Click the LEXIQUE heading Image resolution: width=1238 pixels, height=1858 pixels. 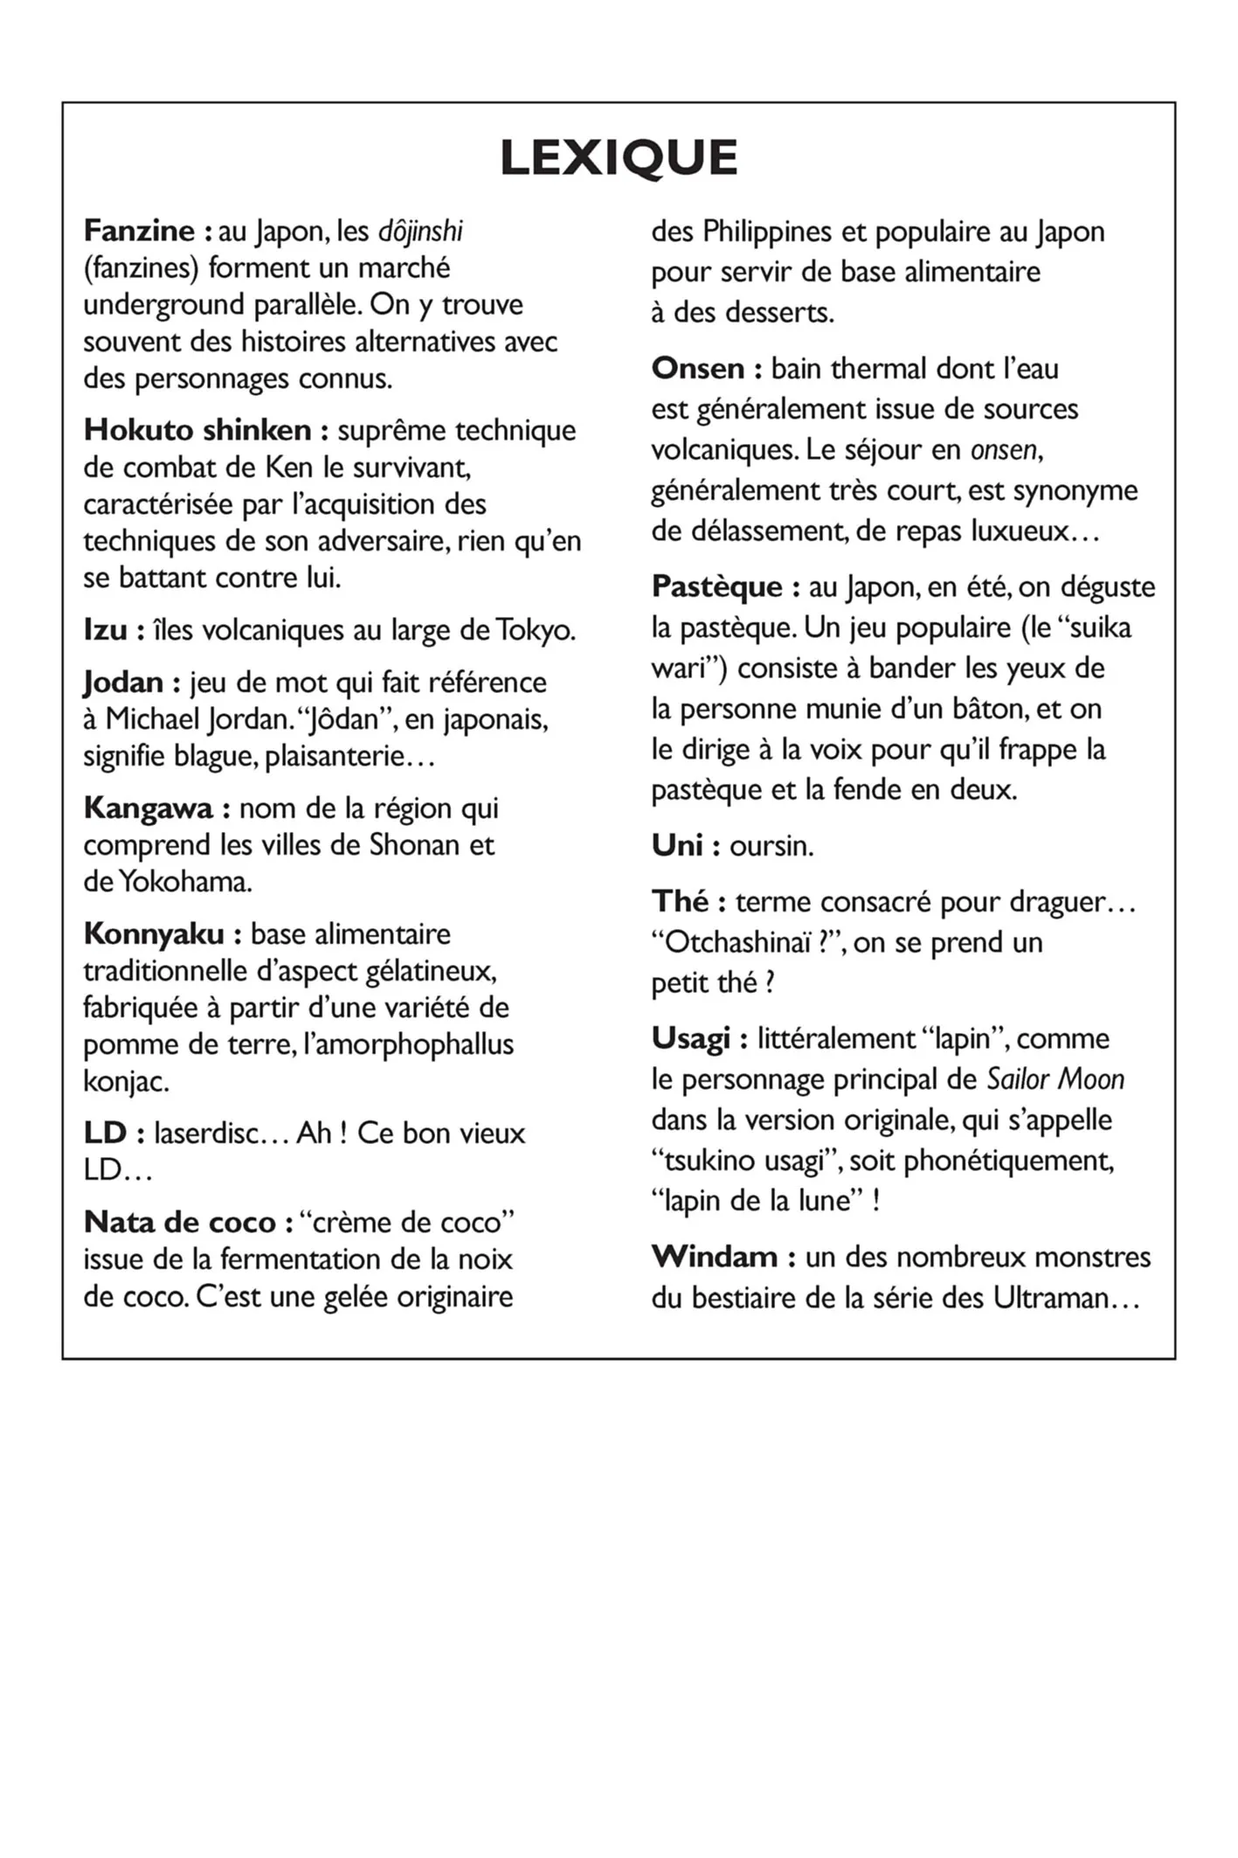click(619, 158)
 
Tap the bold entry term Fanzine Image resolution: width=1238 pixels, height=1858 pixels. click(139, 231)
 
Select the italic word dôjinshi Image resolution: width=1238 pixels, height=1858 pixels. click(420, 232)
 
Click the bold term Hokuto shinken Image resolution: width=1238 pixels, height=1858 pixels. click(197, 430)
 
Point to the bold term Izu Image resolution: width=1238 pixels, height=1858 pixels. click(106, 629)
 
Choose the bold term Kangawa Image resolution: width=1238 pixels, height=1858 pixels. click(148, 808)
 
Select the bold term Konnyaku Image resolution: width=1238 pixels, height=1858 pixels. click(154, 933)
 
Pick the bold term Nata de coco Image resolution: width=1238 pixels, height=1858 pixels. click(180, 1222)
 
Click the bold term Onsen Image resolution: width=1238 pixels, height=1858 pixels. click(698, 368)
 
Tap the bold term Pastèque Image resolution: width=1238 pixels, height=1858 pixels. click(717, 586)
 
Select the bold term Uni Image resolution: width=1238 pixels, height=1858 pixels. click(677, 845)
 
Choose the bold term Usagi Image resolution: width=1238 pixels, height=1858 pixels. click(690, 1038)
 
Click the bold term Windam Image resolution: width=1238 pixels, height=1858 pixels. click(715, 1257)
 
